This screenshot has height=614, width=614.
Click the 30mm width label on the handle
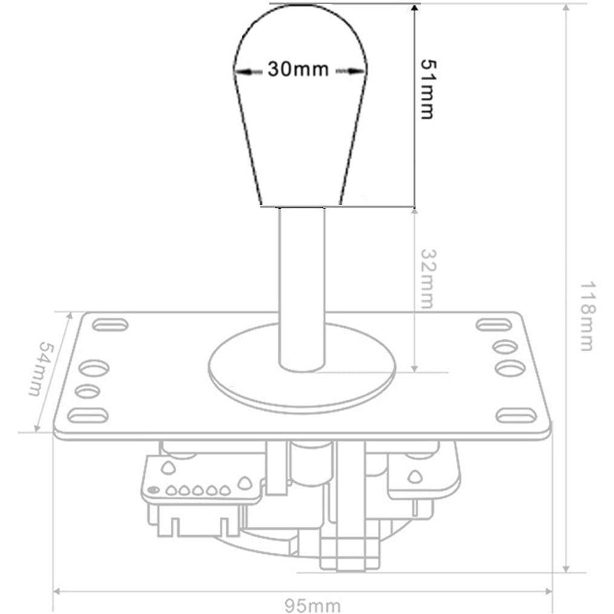[298, 70]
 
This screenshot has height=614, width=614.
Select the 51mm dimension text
[427, 89]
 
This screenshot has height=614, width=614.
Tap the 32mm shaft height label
[427, 279]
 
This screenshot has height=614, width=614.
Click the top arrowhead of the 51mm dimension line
[414, 8]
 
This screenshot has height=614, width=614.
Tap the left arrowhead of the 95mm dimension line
[58, 591]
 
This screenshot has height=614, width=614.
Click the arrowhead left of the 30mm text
[241, 71]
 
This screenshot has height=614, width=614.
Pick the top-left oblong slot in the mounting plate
[111, 325]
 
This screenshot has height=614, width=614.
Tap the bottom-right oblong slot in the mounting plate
[516, 415]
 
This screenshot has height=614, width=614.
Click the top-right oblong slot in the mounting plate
[494, 325]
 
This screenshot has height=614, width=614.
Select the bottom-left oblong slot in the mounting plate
[88, 415]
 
